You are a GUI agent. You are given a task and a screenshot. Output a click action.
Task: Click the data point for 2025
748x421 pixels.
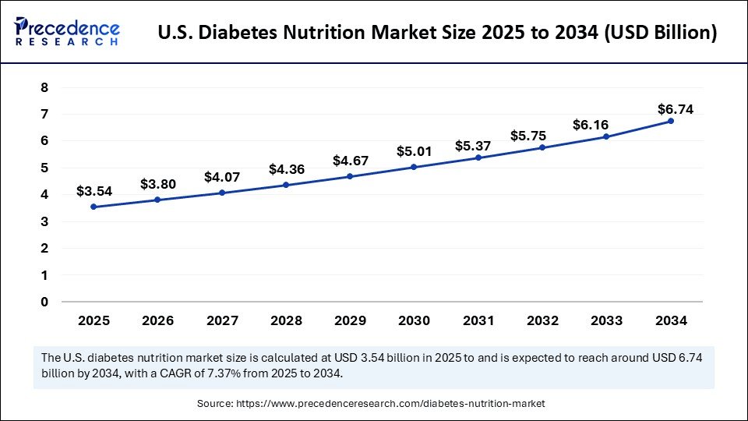93,207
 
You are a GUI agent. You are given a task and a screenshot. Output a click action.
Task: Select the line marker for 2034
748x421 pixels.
671,121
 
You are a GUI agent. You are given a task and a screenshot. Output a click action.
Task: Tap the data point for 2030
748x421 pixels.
414,167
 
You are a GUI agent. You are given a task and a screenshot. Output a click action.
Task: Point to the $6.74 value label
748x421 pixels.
675,108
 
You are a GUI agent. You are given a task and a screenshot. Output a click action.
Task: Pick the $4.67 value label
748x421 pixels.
350,161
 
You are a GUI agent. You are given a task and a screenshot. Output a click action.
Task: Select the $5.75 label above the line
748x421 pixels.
528,135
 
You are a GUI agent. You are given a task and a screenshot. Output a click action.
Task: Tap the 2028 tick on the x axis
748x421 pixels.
286,320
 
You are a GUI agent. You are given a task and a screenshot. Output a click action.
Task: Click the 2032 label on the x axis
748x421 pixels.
542,320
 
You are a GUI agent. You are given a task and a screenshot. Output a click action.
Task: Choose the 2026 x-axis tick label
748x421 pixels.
157,320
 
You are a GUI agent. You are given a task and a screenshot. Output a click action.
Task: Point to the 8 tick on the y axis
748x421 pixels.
44,87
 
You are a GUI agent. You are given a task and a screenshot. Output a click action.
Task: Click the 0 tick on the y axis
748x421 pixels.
44,302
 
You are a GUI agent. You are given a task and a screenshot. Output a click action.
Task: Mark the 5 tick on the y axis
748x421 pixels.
44,168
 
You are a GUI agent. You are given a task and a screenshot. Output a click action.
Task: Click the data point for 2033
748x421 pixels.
606,137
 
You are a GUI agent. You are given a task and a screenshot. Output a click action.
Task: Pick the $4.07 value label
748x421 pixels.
222,177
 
